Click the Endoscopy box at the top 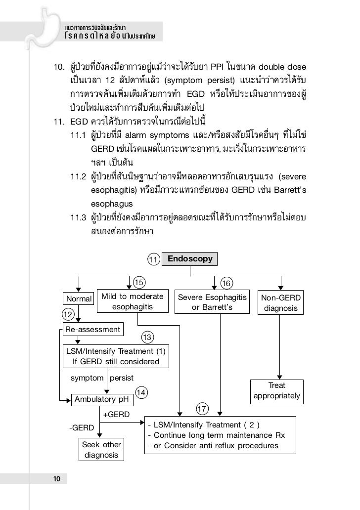[x=190, y=258]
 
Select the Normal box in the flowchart [x=79, y=298]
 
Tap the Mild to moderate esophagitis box [x=132, y=301]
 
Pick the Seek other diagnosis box [x=101, y=450]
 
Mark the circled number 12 [x=68, y=314]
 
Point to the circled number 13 [x=147, y=338]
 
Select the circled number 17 [x=202, y=409]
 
